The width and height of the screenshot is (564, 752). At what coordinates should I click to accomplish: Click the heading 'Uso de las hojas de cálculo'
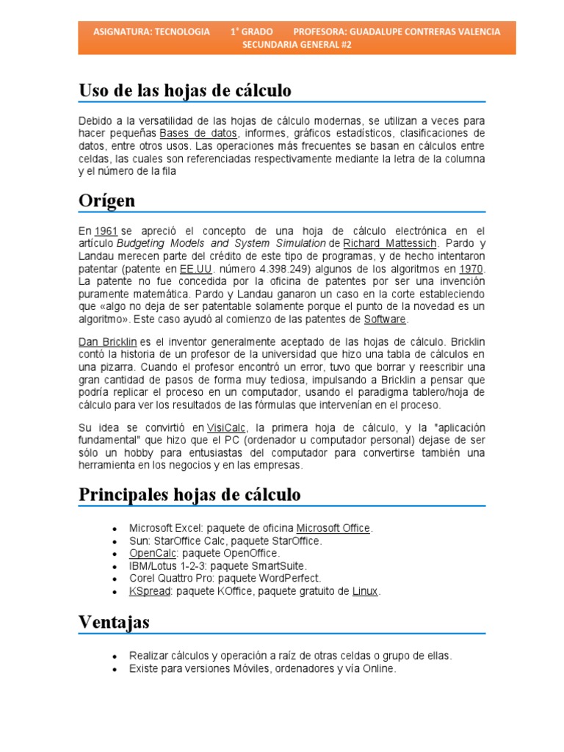(x=185, y=91)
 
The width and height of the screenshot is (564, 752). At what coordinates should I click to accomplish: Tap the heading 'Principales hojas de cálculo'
(x=189, y=494)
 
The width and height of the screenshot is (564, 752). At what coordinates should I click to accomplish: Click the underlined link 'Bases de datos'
(x=198, y=134)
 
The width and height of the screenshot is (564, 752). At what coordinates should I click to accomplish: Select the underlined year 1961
(x=106, y=231)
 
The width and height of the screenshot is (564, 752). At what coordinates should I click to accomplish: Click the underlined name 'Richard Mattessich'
(x=390, y=242)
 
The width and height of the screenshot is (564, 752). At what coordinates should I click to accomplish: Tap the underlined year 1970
(x=471, y=269)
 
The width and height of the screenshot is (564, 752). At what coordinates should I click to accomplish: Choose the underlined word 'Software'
(x=385, y=319)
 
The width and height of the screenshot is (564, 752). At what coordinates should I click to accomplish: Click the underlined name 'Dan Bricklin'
(x=107, y=342)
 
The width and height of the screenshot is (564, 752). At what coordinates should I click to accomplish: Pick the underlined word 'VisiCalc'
(x=227, y=427)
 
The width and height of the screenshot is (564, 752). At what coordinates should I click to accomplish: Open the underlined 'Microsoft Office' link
(x=334, y=528)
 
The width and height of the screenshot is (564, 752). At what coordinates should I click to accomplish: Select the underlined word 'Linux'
(x=365, y=591)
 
